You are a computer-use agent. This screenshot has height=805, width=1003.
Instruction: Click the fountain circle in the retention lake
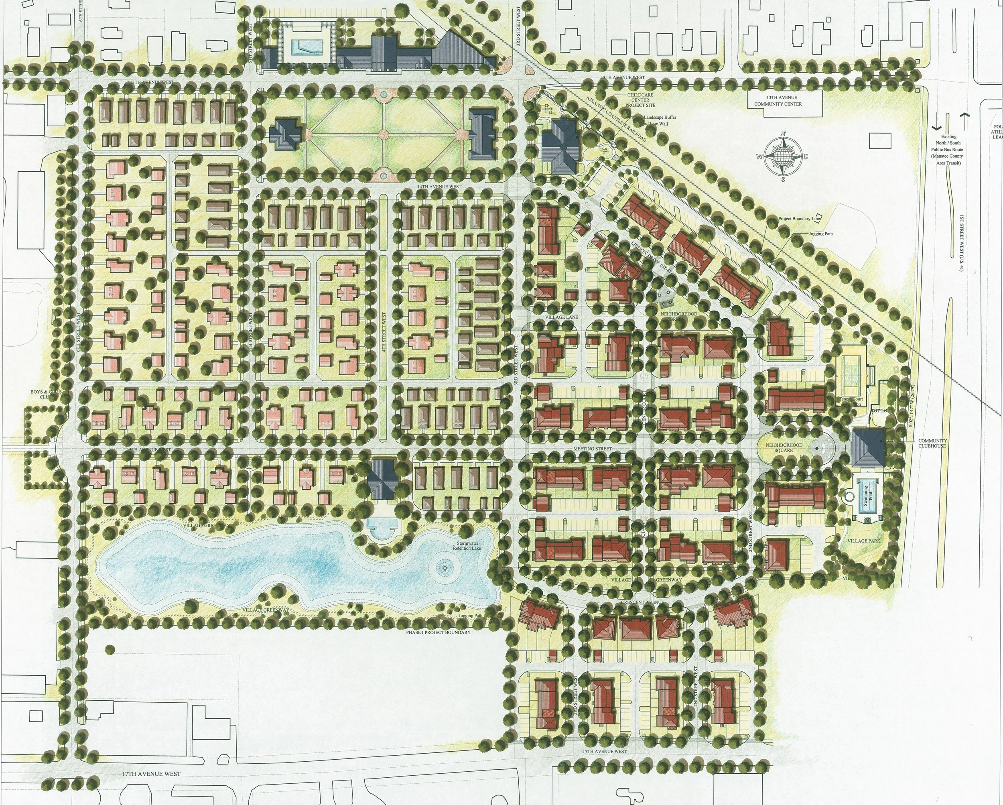click(x=445, y=567)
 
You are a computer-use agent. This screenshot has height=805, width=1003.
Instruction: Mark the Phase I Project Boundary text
click(x=438, y=632)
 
